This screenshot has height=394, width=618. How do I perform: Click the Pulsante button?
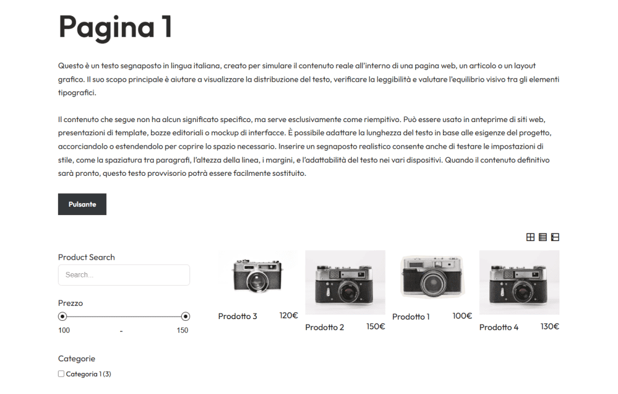(x=82, y=204)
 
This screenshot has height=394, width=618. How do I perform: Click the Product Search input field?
(x=124, y=275)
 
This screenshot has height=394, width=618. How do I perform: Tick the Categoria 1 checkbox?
(x=61, y=374)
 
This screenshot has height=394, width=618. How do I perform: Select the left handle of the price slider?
(x=62, y=317)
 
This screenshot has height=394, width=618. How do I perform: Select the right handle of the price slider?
(x=186, y=317)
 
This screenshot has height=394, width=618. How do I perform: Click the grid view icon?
(x=530, y=237)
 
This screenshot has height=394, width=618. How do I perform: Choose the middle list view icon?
(x=543, y=237)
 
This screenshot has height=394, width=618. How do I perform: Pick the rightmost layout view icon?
(x=555, y=237)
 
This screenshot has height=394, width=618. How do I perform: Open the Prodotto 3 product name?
(x=238, y=316)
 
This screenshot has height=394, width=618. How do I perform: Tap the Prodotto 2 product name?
(x=325, y=328)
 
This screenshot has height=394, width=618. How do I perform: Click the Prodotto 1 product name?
(x=411, y=317)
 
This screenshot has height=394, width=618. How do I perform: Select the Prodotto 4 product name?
(x=499, y=328)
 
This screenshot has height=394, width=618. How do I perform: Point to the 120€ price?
(x=288, y=315)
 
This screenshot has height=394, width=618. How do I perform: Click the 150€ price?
(x=375, y=327)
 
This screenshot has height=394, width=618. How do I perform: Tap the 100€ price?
(x=462, y=316)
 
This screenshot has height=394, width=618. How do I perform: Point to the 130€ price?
(x=549, y=327)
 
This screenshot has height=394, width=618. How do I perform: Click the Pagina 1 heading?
(x=115, y=27)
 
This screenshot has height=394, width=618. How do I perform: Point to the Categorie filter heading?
(x=77, y=358)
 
